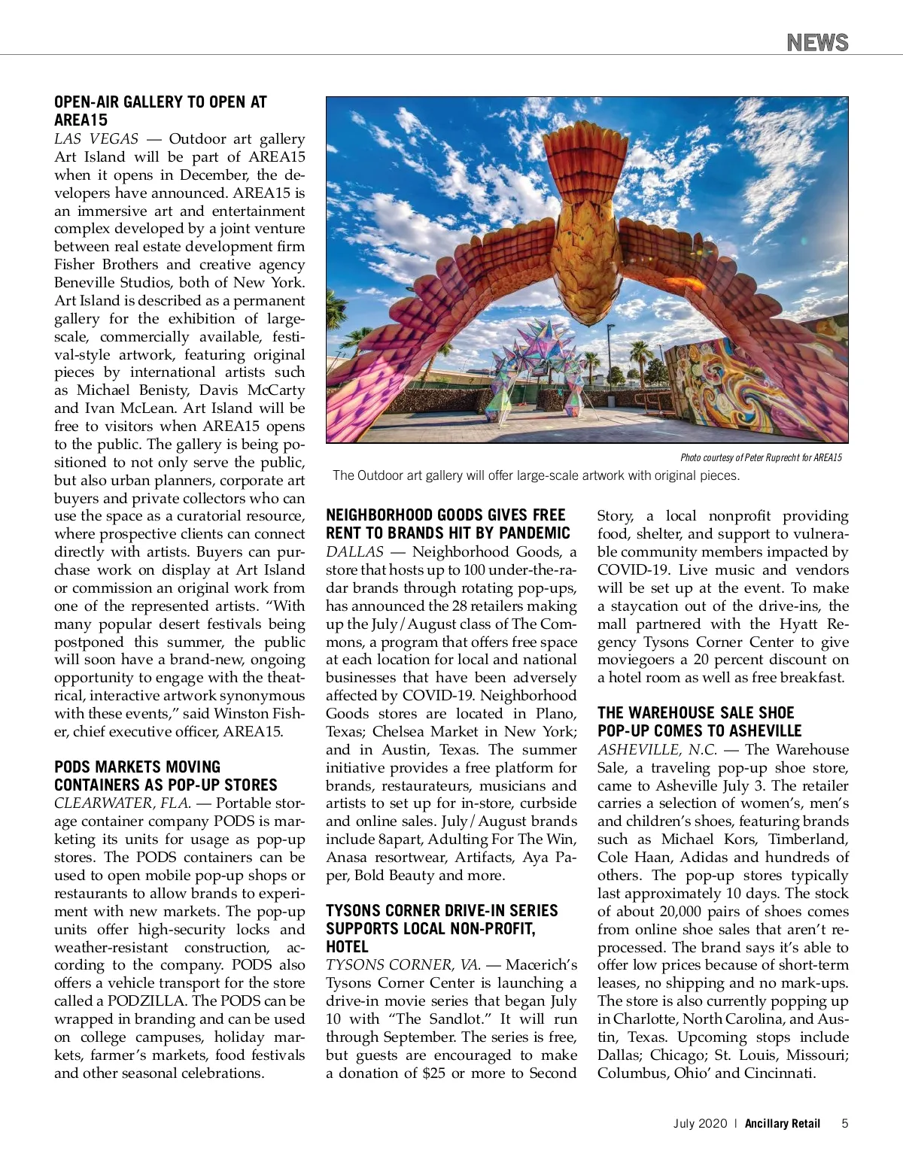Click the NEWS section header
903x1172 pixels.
click(817, 42)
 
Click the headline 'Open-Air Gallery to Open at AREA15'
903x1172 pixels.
click(160, 111)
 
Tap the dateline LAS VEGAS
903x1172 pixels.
click(96, 139)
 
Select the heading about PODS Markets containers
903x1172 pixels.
click(166, 776)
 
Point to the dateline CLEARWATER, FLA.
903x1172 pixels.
click(122, 803)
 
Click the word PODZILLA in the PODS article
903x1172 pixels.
click(147, 1001)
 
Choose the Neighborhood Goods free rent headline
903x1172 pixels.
click(448, 524)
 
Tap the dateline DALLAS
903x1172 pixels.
click(354, 552)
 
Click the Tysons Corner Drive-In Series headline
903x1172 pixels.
click(442, 928)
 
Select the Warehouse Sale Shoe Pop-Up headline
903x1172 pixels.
click(699, 721)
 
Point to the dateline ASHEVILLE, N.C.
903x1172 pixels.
click(657, 750)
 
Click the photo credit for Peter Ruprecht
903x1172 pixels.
click(760, 457)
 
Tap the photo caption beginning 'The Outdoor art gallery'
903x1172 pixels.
click(536, 475)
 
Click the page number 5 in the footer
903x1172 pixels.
click(845, 1123)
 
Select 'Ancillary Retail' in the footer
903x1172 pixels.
click(783, 1123)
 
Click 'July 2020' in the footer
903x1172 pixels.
click(700, 1123)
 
